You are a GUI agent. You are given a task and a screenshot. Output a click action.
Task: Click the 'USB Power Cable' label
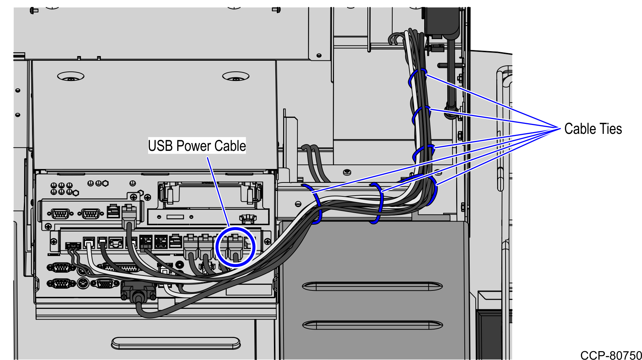point(197,146)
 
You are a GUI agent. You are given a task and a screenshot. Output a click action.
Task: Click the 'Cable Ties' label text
point(593,129)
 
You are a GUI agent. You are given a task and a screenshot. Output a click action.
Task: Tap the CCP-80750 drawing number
point(611,355)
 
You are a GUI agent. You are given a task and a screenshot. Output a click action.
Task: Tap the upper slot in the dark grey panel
point(372,286)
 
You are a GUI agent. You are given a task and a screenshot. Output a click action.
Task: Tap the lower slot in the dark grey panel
point(372,325)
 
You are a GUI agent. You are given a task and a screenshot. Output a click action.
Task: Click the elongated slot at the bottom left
point(176,343)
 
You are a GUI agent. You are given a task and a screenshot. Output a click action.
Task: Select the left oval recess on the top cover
point(71,76)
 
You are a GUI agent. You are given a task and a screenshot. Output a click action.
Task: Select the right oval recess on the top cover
point(236,76)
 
